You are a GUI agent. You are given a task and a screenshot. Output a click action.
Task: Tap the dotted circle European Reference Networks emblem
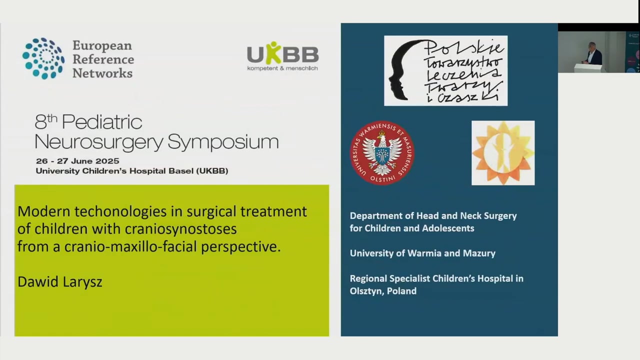43,58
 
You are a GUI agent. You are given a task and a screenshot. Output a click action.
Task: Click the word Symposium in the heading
223,142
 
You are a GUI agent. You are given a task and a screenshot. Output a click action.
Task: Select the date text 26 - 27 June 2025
77,161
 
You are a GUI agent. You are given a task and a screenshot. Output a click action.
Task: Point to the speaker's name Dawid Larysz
59,281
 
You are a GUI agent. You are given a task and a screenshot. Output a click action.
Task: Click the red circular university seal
382,152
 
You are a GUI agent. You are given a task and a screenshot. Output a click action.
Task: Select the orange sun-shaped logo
502,152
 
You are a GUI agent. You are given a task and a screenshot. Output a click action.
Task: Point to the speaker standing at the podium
593,53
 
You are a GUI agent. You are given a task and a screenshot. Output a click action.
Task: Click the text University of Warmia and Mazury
422,253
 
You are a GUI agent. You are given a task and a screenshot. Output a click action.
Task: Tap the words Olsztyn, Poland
383,291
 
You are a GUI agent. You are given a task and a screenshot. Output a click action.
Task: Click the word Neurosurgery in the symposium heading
99,142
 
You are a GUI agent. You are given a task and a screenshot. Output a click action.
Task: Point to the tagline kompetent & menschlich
282,68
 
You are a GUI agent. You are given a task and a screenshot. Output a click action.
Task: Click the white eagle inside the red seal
382,150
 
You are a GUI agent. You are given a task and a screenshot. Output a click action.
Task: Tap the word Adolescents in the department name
448,228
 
